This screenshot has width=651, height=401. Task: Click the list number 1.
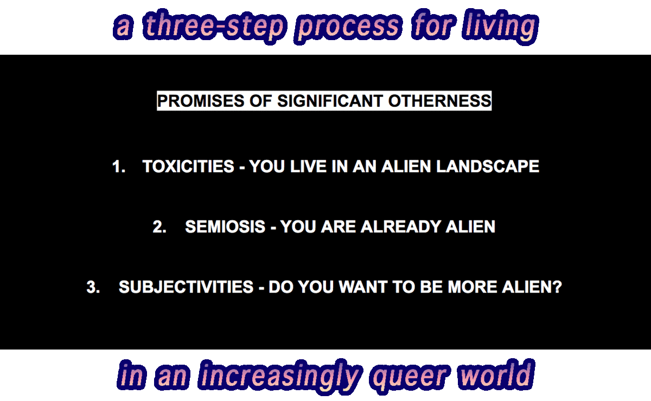pyautogui.click(x=119, y=166)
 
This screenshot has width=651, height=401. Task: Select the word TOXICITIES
pyautogui.click(x=188, y=166)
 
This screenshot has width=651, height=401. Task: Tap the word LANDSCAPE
pyautogui.click(x=488, y=166)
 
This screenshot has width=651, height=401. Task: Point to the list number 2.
pyautogui.click(x=159, y=227)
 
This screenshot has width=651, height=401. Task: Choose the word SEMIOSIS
pyautogui.click(x=225, y=227)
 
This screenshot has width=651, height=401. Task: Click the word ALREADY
pyautogui.click(x=401, y=227)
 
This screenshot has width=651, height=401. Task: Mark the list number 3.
pyautogui.click(x=93, y=287)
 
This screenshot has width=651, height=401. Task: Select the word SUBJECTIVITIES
pyautogui.click(x=186, y=287)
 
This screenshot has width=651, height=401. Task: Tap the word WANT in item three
pyautogui.click(x=363, y=287)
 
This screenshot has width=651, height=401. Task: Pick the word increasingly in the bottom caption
pyautogui.click(x=280, y=376)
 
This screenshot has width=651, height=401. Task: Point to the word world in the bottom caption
pyautogui.click(x=496, y=374)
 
